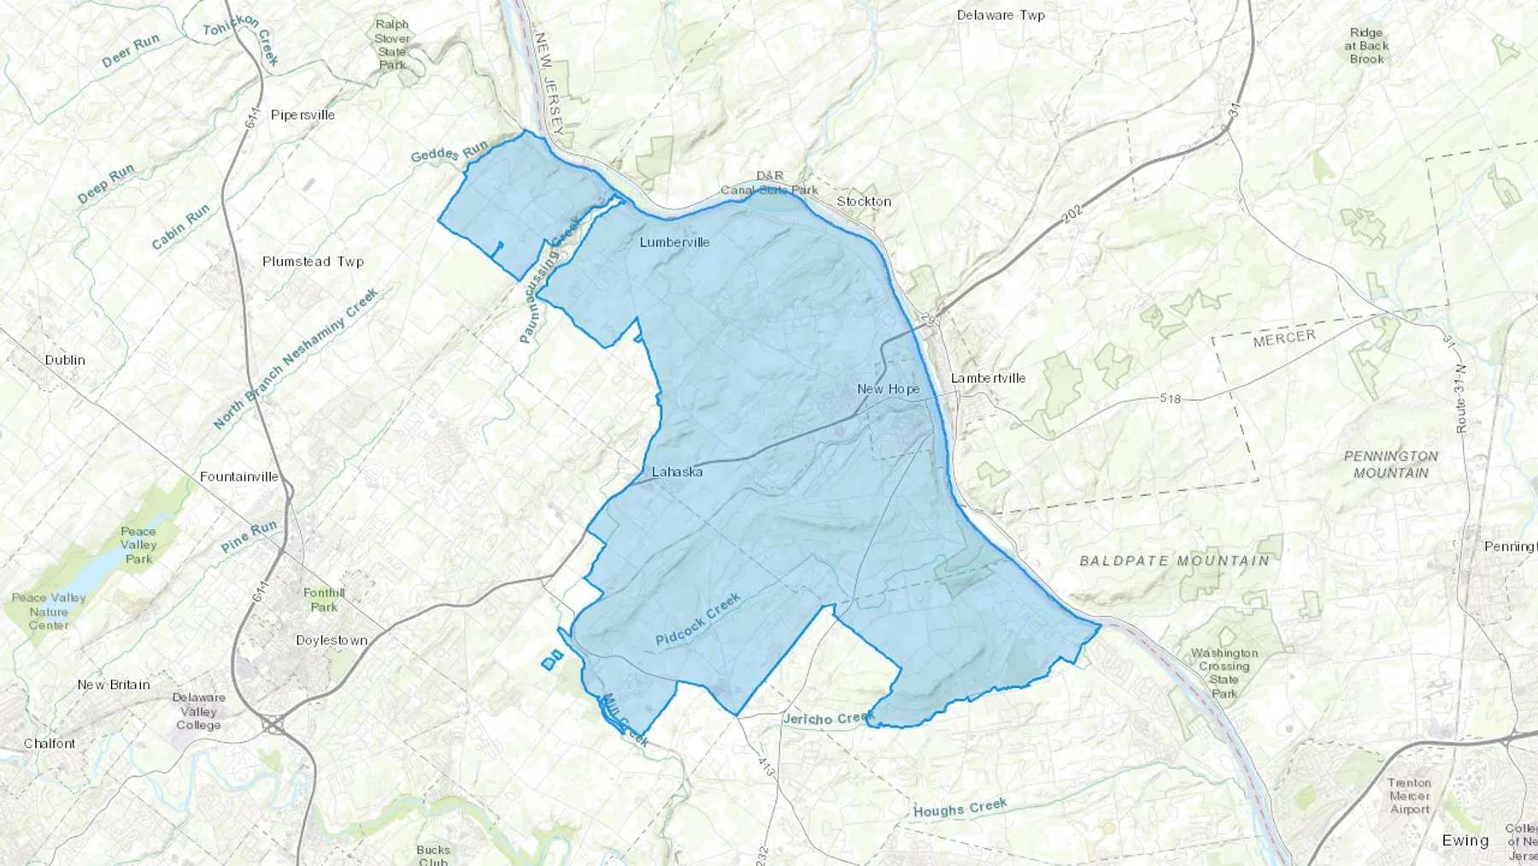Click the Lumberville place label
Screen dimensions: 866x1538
click(x=674, y=242)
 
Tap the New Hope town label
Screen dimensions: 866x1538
click(x=889, y=389)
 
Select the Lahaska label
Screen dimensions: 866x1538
click(x=677, y=472)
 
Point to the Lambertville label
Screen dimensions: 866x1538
click(x=988, y=378)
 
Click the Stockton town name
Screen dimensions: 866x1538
click(x=864, y=202)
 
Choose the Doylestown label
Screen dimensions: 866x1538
click(x=332, y=640)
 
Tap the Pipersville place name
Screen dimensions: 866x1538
click(x=302, y=115)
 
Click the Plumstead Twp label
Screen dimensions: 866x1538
click(x=313, y=262)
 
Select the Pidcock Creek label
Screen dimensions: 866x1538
click(x=698, y=620)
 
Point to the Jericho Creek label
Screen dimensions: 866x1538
click(x=829, y=718)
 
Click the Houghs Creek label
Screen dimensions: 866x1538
click(x=960, y=808)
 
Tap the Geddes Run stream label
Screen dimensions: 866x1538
click(x=449, y=151)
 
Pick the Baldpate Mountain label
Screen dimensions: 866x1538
click(x=1175, y=561)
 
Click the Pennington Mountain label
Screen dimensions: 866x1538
click(x=1391, y=464)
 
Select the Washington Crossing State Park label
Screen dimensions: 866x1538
click(x=1224, y=673)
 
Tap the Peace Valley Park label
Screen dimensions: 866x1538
click(x=138, y=545)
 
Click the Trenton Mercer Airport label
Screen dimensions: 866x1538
click(x=1409, y=796)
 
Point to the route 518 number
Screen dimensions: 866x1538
click(x=1170, y=398)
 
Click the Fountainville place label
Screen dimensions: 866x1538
click(x=239, y=477)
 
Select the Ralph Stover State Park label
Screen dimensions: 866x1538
click(x=392, y=44)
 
